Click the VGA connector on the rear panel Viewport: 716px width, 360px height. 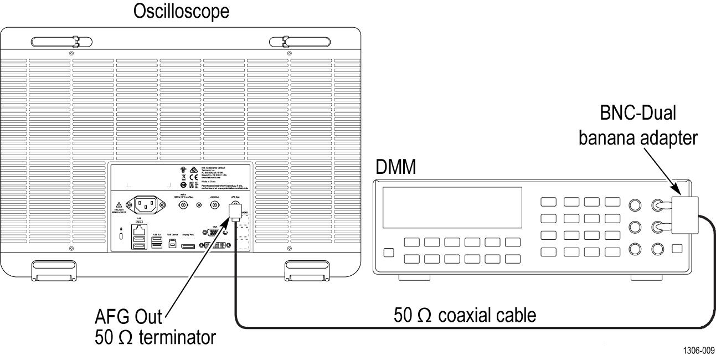(x=215, y=233)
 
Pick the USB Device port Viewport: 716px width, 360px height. (x=172, y=244)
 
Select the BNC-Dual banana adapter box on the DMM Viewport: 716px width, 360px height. (x=684, y=215)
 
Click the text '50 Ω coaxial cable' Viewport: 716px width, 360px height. (x=465, y=316)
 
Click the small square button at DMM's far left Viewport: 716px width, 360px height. (x=389, y=253)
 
